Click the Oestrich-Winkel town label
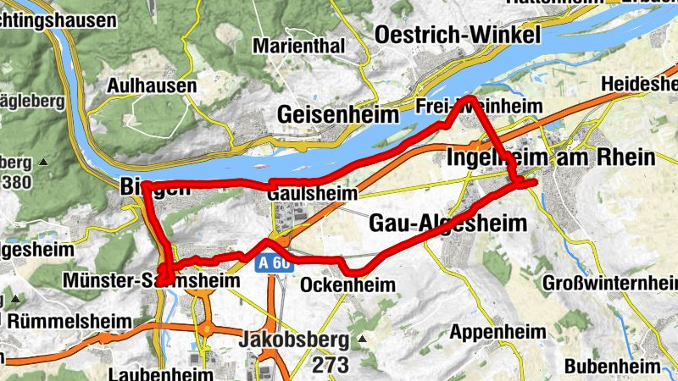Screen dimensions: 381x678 point(457,36)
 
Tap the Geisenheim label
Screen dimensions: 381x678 point(338,115)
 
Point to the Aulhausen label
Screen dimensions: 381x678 point(152,86)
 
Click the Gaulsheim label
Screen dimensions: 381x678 point(312,194)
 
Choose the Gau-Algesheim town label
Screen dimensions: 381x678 point(448,224)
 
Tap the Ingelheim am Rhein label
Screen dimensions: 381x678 point(550,157)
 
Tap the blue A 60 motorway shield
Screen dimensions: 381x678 point(273,264)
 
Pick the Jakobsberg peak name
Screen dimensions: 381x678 point(294,340)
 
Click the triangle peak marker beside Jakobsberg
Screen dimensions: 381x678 point(364,340)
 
